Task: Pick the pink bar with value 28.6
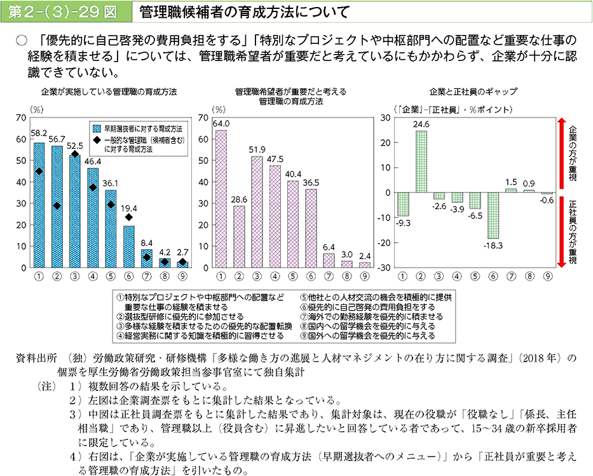tap(239, 236)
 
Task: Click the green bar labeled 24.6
tap(421, 161)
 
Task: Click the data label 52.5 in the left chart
tap(75, 145)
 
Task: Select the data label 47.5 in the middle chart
tap(275, 158)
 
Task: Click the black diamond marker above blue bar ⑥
tap(128, 217)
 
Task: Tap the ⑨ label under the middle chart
tap(364, 276)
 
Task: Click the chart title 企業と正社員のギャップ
tap(473, 91)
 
